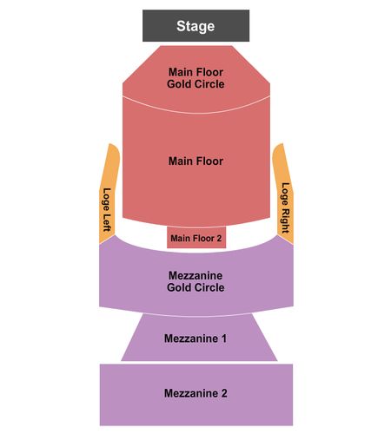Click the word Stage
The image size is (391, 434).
pyautogui.click(x=195, y=26)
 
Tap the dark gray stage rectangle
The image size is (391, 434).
pyautogui.click(x=195, y=26)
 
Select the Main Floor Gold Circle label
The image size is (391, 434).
pyautogui.click(x=195, y=78)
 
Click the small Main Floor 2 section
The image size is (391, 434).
pyautogui.click(x=196, y=238)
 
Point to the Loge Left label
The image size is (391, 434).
pyautogui.click(x=107, y=210)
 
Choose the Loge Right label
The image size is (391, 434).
pyautogui.click(x=286, y=207)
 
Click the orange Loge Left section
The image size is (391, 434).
pyautogui.click(x=109, y=194)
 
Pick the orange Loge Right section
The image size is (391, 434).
pyautogui.click(x=284, y=194)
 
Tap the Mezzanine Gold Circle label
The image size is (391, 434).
pyautogui.click(x=195, y=281)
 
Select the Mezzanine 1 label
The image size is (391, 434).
pyautogui.click(x=195, y=339)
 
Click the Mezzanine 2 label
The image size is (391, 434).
pyautogui.click(x=195, y=393)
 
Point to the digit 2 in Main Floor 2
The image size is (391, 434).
pyautogui.click(x=219, y=238)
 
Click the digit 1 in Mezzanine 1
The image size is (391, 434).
pyautogui.click(x=224, y=339)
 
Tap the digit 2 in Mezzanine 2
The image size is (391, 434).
pyautogui.click(x=224, y=393)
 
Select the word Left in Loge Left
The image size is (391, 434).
pyautogui.click(x=107, y=222)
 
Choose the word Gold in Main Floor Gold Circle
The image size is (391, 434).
pyautogui.click(x=180, y=84)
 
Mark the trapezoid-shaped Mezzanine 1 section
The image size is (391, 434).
pyautogui.click(x=199, y=338)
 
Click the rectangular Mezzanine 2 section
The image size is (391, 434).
pyautogui.click(x=196, y=395)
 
